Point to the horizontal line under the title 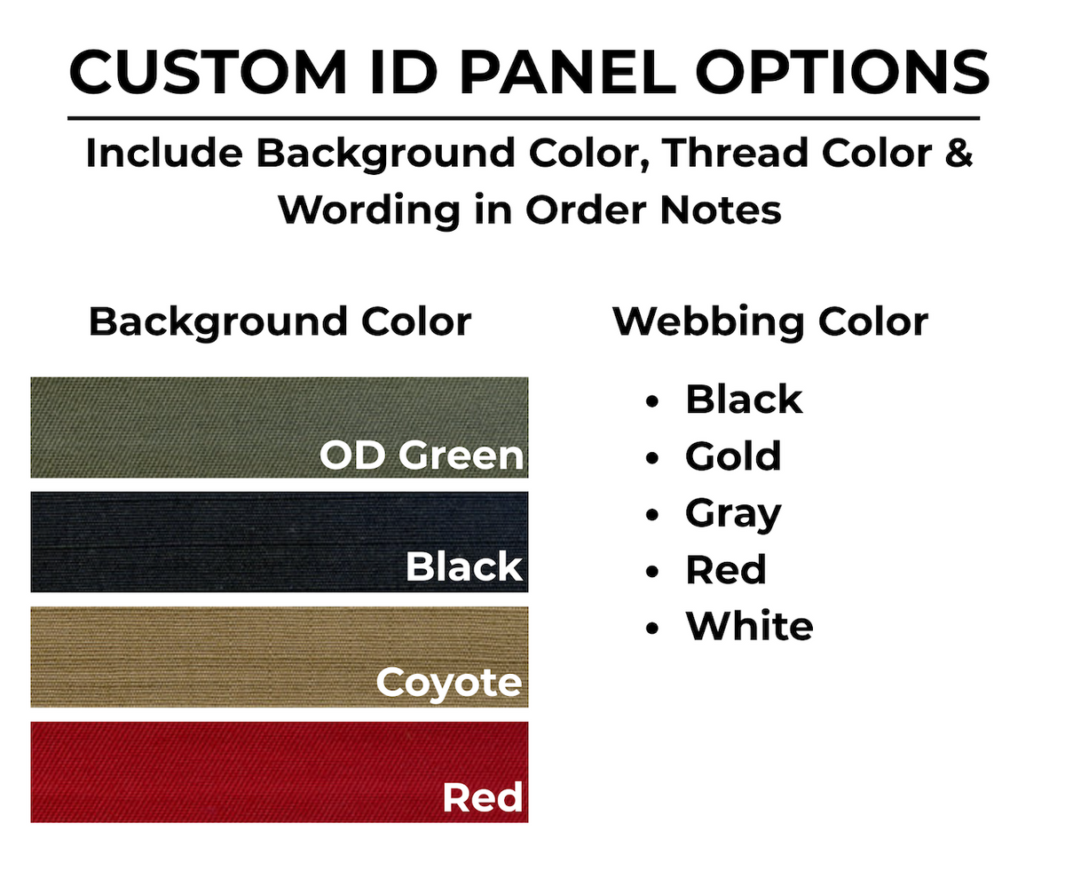524,118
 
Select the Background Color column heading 280,321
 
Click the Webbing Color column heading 770,321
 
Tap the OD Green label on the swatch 422,455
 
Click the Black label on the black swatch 464,566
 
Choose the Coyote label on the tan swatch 448,683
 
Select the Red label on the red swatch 482,797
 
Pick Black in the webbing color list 744,400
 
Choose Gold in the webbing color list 733,456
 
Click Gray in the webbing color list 733,514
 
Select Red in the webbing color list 726,570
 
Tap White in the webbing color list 749,627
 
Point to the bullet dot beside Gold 654,459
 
